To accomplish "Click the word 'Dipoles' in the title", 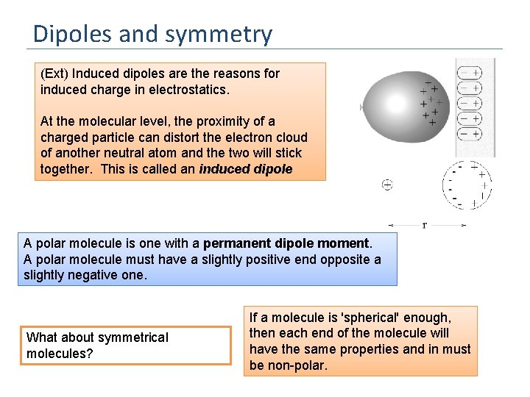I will tap(71, 34).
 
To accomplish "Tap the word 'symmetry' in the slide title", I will tap(229, 35).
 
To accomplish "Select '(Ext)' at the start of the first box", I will tap(54, 74).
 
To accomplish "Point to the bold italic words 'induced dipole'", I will tap(245, 169).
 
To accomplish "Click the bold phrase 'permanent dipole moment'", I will tap(286, 243).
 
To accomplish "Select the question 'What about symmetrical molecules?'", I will tap(97, 346).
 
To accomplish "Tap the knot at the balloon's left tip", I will tap(361, 107).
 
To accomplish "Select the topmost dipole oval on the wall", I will tap(469, 73).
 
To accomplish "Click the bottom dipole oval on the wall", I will tap(469, 134).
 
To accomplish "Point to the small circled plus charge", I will tap(386, 185).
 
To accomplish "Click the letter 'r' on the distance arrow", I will tap(424, 224).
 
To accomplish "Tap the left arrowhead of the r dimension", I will tap(390, 225).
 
